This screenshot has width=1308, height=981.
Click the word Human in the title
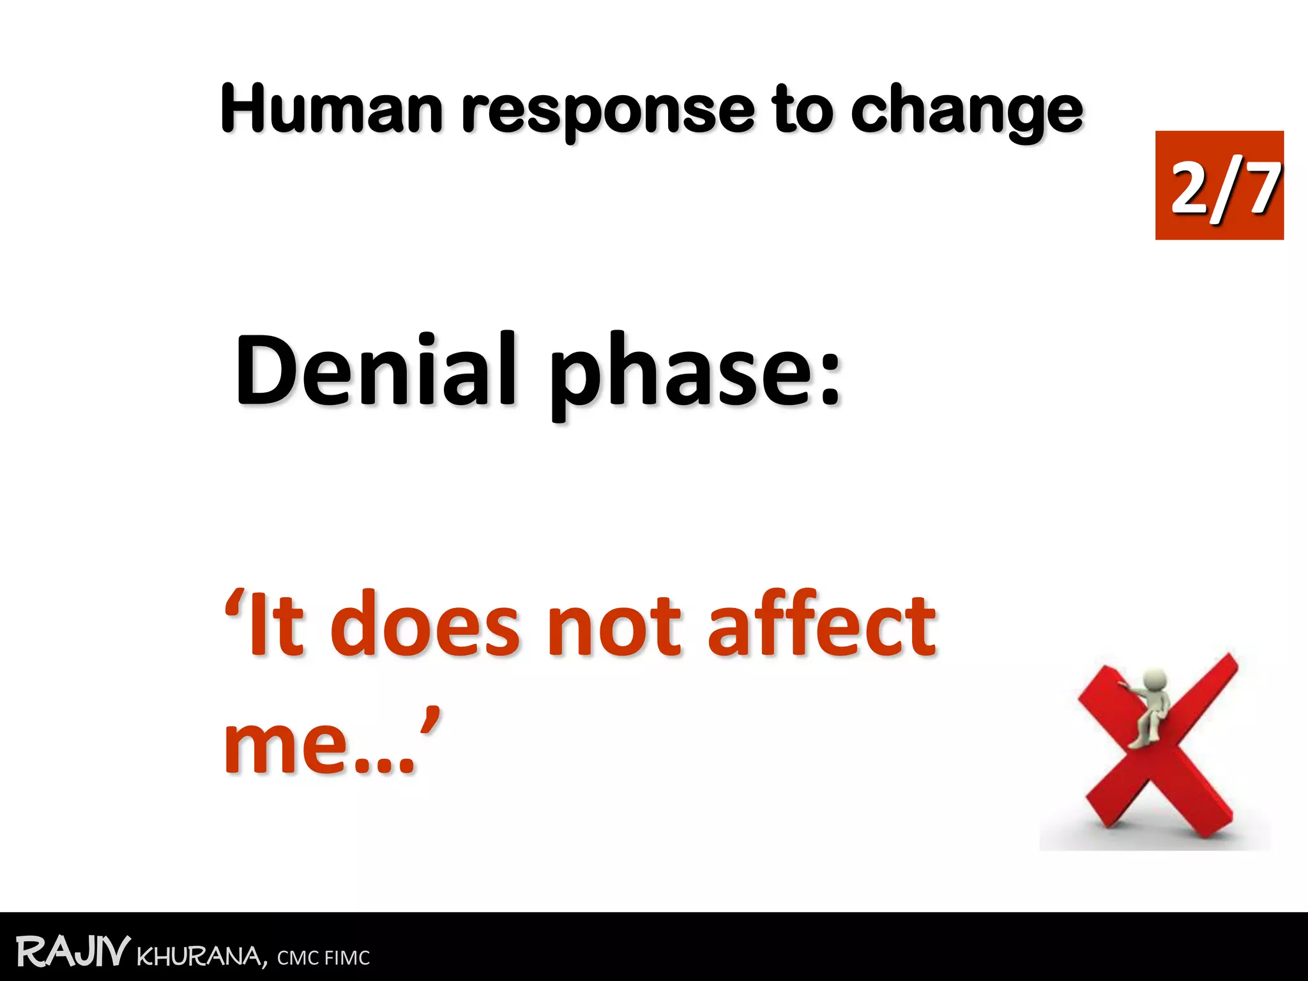pyautogui.click(x=331, y=110)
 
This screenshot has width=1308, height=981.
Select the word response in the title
pyautogui.click(x=609, y=112)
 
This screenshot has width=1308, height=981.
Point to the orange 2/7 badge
pyautogui.click(x=1219, y=185)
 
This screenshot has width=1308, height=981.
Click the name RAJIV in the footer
pyautogui.click(x=73, y=952)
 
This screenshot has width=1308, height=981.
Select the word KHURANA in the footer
pyautogui.click(x=201, y=957)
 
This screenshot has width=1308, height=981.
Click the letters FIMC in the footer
pyautogui.click(x=347, y=958)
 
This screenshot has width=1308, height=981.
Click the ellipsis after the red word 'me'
pyautogui.click(x=383, y=766)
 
